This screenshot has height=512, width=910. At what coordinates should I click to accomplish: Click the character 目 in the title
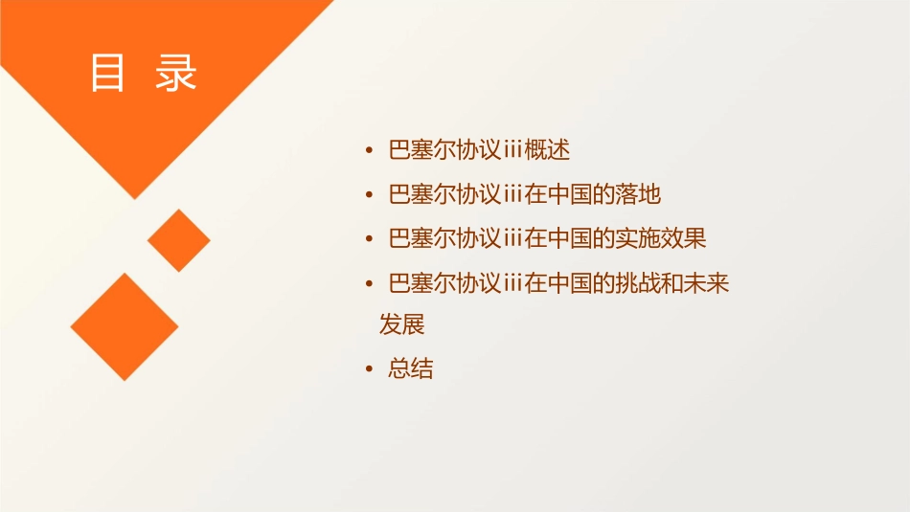[x=108, y=74]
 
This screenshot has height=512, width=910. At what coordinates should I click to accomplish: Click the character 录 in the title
[x=176, y=74]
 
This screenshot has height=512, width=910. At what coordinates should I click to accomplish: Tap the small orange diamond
[x=179, y=239]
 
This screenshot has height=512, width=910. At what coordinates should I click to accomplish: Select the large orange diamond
[x=125, y=326]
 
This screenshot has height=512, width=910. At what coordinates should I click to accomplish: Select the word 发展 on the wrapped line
[x=402, y=325]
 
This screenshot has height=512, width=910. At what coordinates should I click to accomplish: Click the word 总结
[x=411, y=369]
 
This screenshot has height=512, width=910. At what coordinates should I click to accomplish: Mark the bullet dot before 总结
[x=370, y=370]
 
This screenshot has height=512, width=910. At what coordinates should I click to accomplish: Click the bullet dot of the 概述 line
[x=370, y=151]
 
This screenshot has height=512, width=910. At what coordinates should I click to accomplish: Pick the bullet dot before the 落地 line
[x=370, y=195]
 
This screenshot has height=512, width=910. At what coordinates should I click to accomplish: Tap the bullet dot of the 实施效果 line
[x=370, y=239]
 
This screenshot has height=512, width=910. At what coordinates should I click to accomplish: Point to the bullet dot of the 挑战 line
[x=370, y=283]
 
